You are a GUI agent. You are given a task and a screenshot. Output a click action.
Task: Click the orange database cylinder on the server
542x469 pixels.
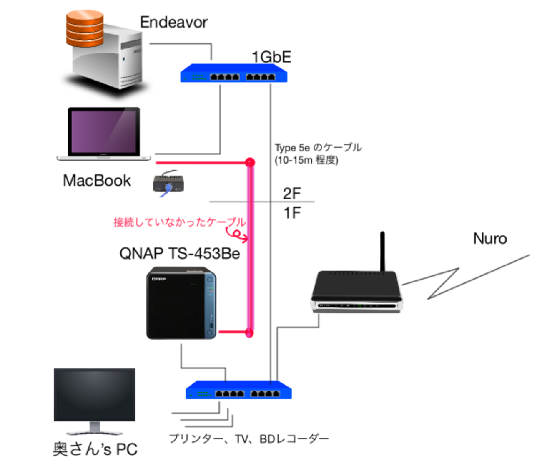tap(85, 28)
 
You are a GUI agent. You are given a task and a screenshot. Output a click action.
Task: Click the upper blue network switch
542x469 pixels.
tap(233, 74)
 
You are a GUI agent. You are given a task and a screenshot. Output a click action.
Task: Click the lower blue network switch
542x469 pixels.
tap(238, 391)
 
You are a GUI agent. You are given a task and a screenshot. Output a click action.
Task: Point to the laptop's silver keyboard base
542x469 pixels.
tap(104, 158)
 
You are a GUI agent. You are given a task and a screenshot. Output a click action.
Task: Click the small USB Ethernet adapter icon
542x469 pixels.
tap(168, 184)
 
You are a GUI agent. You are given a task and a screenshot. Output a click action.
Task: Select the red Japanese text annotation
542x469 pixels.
tap(177, 222)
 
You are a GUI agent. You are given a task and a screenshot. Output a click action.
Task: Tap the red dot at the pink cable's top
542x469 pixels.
tap(249, 161)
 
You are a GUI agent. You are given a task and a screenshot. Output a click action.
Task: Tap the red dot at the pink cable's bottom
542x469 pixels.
tap(249, 333)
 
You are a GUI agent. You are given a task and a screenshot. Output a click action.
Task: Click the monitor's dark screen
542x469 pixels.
tap(95, 394)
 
